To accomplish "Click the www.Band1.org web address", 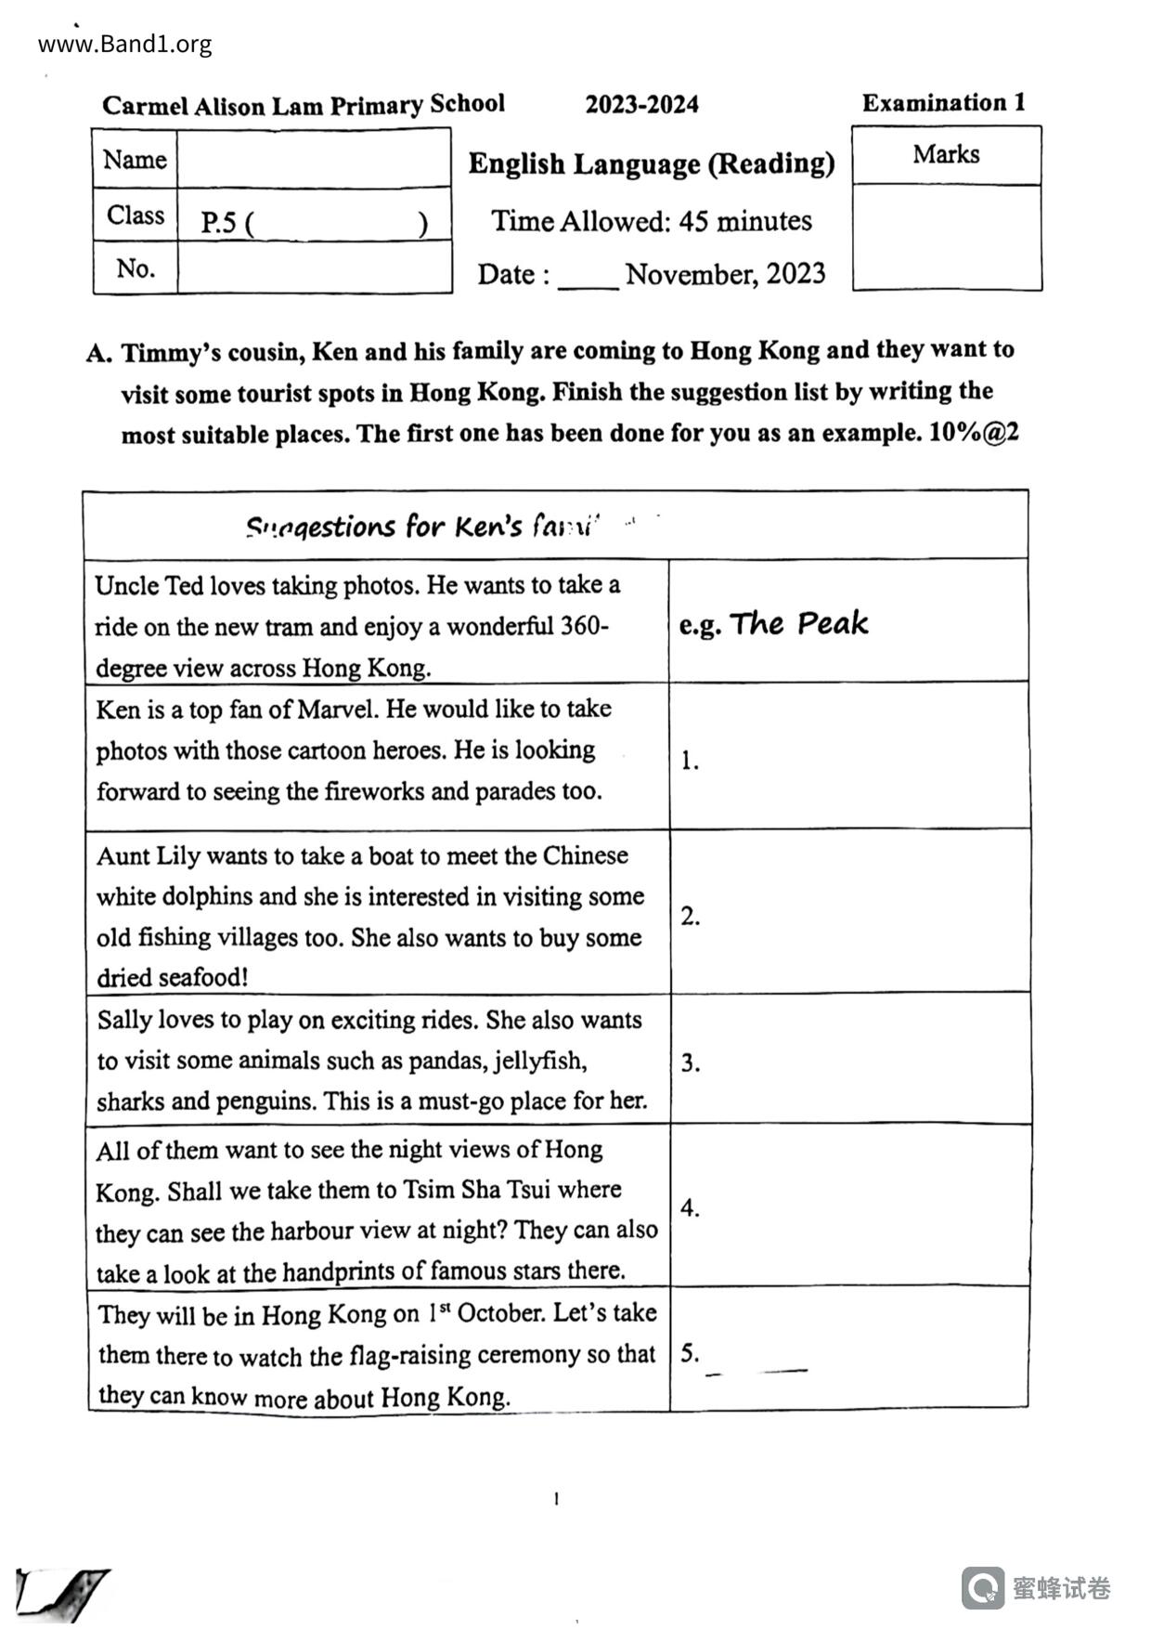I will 125,44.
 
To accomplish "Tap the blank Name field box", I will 314,159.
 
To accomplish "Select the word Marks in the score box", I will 946,154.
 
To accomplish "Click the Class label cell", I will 136,215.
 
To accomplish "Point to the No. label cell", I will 136,268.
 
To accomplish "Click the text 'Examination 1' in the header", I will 943,103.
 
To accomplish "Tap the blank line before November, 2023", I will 588,277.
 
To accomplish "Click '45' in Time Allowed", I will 693,221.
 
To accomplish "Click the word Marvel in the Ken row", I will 338,710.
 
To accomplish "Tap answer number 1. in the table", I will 690,761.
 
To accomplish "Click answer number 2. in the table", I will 690,916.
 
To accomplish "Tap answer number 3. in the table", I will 690,1062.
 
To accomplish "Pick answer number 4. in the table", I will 690,1207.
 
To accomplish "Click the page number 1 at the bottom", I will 556,1498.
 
